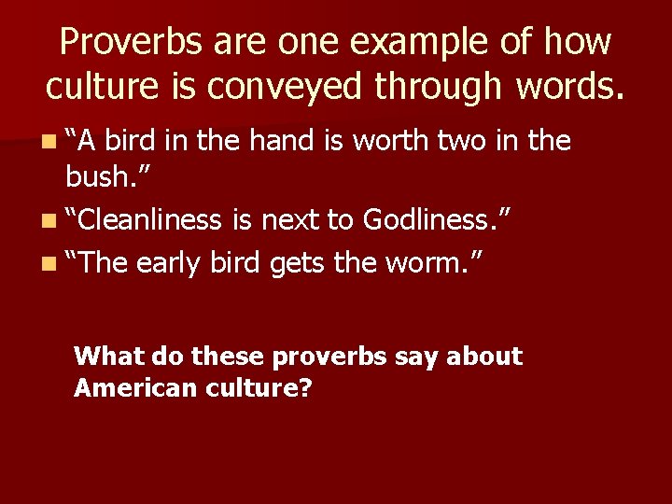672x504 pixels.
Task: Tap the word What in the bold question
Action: [106, 356]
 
